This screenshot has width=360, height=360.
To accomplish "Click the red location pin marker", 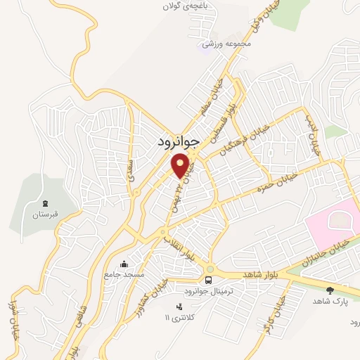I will pos(181,166).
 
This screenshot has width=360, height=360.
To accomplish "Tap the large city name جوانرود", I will pos(176,141).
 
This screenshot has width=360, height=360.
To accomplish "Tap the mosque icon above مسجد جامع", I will pos(124,264).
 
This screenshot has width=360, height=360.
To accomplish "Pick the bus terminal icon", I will pos(210,269).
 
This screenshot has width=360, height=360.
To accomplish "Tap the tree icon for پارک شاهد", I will pos(331,289).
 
